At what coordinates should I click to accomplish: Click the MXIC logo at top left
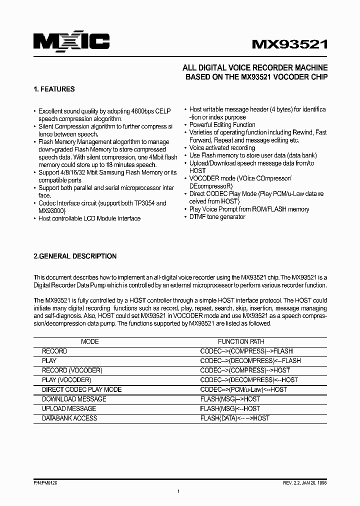point(71,41)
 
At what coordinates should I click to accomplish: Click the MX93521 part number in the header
point(289,44)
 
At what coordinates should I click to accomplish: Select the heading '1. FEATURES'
point(54,89)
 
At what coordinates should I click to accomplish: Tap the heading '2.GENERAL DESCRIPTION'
point(75,256)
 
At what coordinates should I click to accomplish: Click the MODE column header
point(90,341)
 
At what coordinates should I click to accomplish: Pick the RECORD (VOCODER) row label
point(72,370)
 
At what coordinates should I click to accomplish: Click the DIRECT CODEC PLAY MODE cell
point(82,389)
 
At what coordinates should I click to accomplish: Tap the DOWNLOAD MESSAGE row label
point(74,399)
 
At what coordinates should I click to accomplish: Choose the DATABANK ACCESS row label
point(69,418)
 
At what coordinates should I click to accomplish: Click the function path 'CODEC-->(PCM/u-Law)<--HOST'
point(243,389)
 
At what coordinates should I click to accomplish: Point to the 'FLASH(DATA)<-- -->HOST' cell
point(234,418)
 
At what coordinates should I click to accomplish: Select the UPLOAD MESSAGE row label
point(69,408)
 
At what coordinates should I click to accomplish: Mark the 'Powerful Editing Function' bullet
point(222,125)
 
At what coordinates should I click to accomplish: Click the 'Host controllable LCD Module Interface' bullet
point(89,218)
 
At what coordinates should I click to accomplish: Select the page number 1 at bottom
point(178,492)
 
